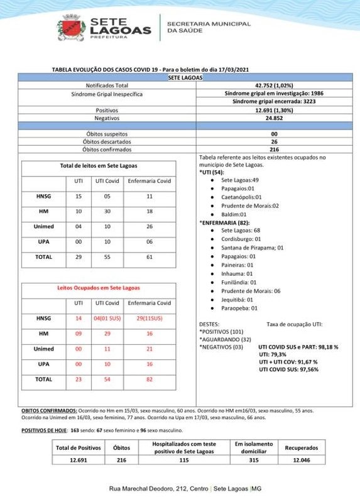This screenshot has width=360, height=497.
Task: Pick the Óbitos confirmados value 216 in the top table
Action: [274, 150]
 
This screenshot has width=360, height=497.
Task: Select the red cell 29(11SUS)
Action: [149, 319]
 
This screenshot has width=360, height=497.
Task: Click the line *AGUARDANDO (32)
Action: [220, 339]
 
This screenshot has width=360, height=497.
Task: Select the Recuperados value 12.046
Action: [301, 459]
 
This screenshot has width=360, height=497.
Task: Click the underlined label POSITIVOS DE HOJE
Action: [43, 430]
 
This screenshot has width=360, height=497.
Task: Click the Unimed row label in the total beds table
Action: [44, 226]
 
